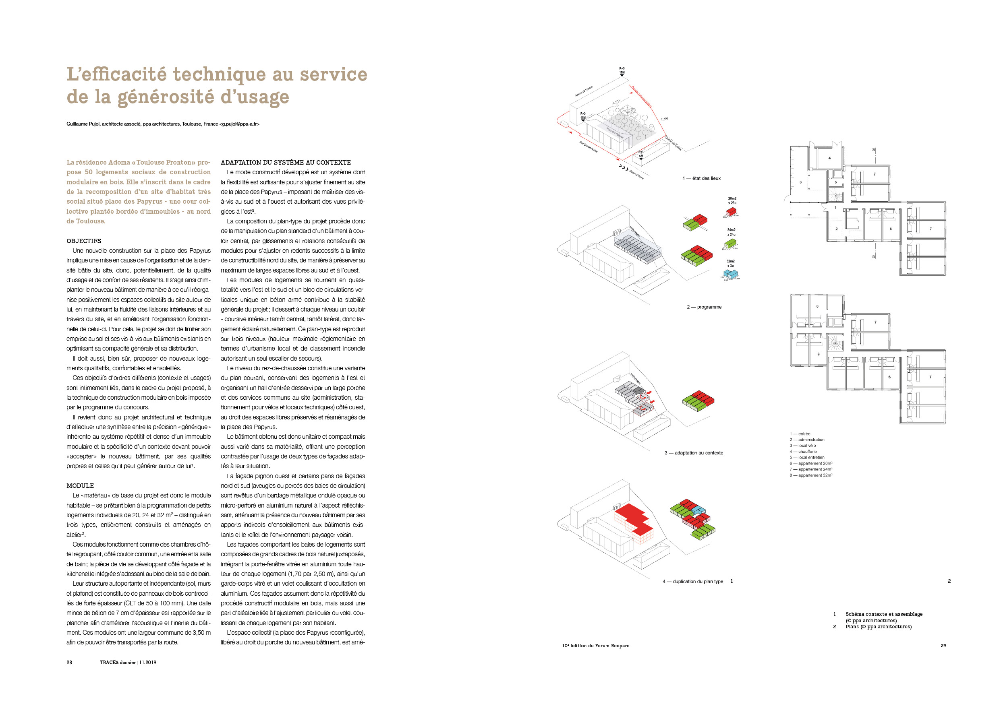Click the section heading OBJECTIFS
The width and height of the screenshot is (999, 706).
click(x=83, y=241)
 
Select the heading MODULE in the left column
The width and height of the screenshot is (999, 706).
click(x=80, y=485)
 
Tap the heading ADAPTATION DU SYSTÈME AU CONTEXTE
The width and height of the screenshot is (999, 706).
click(x=286, y=163)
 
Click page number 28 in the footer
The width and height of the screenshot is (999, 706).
click(x=69, y=663)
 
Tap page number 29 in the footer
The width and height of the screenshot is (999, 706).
click(x=943, y=646)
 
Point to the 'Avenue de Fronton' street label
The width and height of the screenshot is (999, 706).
click(x=584, y=91)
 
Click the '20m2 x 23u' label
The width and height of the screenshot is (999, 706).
click(x=732, y=200)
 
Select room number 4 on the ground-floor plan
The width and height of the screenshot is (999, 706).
click(x=829, y=158)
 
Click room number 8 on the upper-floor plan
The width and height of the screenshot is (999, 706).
click(x=817, y=306)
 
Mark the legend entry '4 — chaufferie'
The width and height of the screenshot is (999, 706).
click(x=803, y=452)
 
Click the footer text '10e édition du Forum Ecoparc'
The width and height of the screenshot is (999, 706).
click(x=596, y=646)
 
